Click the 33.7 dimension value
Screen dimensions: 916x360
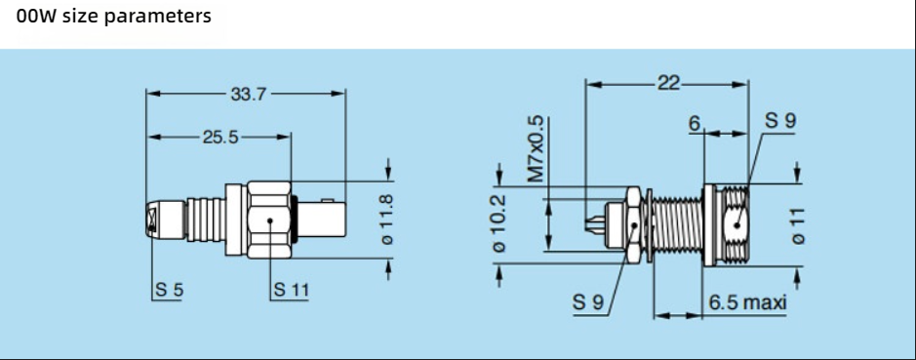(247, 94)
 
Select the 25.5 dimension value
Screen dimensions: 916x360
(220, 137)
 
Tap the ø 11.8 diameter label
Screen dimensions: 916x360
(386, 220)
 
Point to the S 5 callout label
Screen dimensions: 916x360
(170, 290)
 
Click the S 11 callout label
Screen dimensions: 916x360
(291, 290)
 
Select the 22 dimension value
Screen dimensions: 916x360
(669, 84)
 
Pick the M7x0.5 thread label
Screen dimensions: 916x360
(536, 149)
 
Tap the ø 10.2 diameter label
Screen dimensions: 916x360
(499, 222)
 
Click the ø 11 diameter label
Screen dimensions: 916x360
(798, 226)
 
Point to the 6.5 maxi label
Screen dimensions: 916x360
(748, 302)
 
